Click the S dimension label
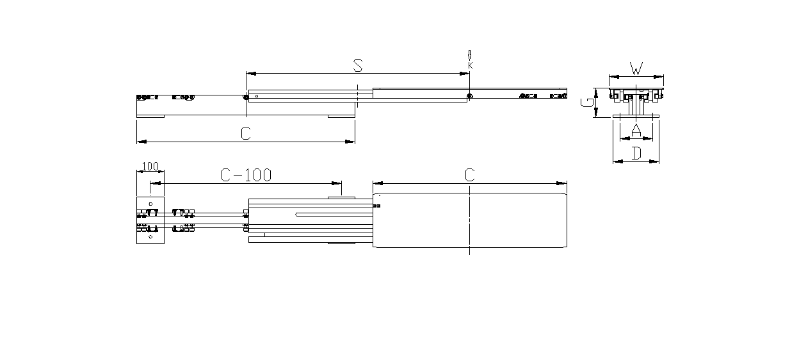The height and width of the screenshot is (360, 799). (x=358, y=65)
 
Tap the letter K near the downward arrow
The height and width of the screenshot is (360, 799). (x=471, y=65)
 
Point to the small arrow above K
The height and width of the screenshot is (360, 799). (x=469, y=55)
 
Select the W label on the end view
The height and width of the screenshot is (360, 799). (x=636, y=69)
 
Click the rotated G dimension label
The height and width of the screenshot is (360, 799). (x=586, y=102)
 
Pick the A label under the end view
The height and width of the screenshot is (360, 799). (x=636, y=130)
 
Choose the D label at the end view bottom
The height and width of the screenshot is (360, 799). (x=636, y=154)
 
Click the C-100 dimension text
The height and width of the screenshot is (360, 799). (x=246, y=175)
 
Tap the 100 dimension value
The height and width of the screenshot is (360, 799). (x=150, y=167)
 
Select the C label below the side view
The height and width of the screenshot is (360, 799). (x=246, y=133)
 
